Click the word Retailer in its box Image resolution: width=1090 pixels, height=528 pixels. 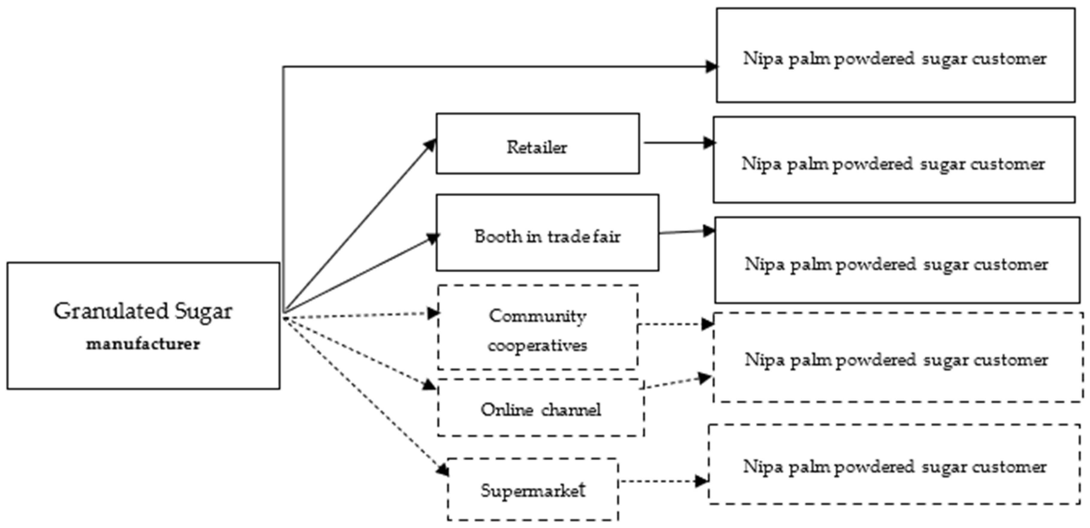(537, 147)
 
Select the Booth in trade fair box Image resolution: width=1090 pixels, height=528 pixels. (547, 233)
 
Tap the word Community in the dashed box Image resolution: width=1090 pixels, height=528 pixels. (538, 316)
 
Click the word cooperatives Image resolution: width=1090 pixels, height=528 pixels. (538, 345)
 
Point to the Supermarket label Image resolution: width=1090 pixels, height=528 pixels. (533, 490)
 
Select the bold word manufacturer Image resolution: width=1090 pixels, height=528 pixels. (143, 344)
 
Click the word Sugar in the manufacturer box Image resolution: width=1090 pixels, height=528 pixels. (204, 312)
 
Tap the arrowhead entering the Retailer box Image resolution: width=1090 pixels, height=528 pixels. (431, 144)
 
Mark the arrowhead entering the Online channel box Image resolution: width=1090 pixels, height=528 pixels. (430, 385)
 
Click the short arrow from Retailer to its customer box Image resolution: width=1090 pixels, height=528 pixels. (677, 143)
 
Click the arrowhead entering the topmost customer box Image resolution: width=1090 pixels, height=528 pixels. (711, 67)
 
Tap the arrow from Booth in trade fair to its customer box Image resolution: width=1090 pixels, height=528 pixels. (686, 231)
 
